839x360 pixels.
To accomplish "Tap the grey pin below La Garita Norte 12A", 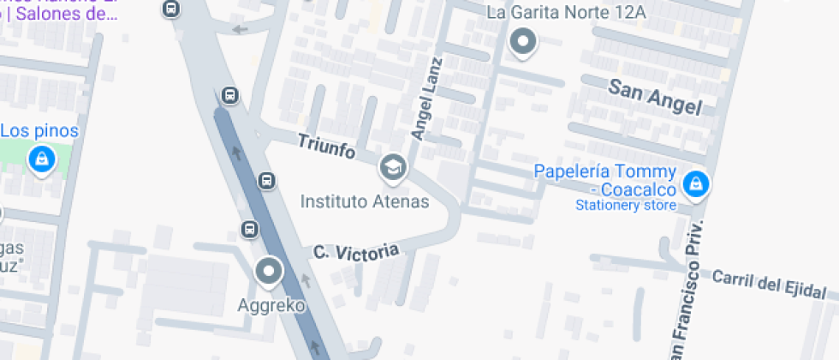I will point(523,41).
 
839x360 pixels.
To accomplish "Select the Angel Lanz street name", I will point(425,99).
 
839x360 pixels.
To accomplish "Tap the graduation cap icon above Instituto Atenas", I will point(393,167).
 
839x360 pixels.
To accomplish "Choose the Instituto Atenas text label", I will point(364,201).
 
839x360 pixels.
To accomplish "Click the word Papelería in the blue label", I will point(570,171).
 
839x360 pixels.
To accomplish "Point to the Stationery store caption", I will point(626,206).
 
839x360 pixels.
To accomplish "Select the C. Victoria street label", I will point(356,252).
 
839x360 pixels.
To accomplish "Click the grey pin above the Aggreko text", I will point(270,273).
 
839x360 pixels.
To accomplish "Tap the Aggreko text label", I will point(271,304).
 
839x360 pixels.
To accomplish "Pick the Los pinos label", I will point(39,131).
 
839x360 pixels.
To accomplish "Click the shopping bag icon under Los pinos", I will point(40,159).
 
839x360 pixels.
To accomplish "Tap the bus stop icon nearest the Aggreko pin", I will point(249,229).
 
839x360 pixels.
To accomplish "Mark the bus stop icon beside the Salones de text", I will point(171,9).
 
